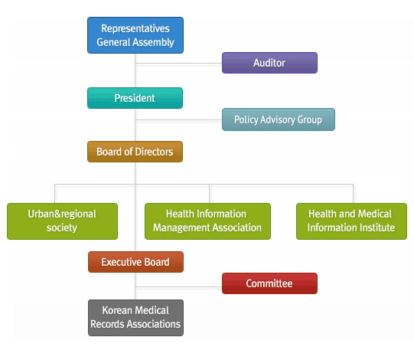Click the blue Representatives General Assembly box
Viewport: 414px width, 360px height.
pos(135,35)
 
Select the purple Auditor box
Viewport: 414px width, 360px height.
pos(269,63)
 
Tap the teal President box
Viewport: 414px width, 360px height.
pos(135,98)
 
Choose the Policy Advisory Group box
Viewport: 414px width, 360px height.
pos(279,119)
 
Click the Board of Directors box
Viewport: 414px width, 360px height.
pos(135,152)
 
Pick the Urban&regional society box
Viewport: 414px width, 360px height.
pos(62,221)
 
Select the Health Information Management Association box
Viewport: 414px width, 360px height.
pos(207,221)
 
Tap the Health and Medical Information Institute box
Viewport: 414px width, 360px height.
pos(351,221)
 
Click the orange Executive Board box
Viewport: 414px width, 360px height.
pos(135,262)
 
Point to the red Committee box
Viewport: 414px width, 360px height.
pos(269,283)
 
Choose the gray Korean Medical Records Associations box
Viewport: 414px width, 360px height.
pos(135,318)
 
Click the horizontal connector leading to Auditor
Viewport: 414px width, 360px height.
pos(179,64)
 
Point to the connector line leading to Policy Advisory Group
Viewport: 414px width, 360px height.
pos(179,120)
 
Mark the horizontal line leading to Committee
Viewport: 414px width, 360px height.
pos(179,286)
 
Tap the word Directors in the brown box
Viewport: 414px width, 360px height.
pos(154,152)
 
